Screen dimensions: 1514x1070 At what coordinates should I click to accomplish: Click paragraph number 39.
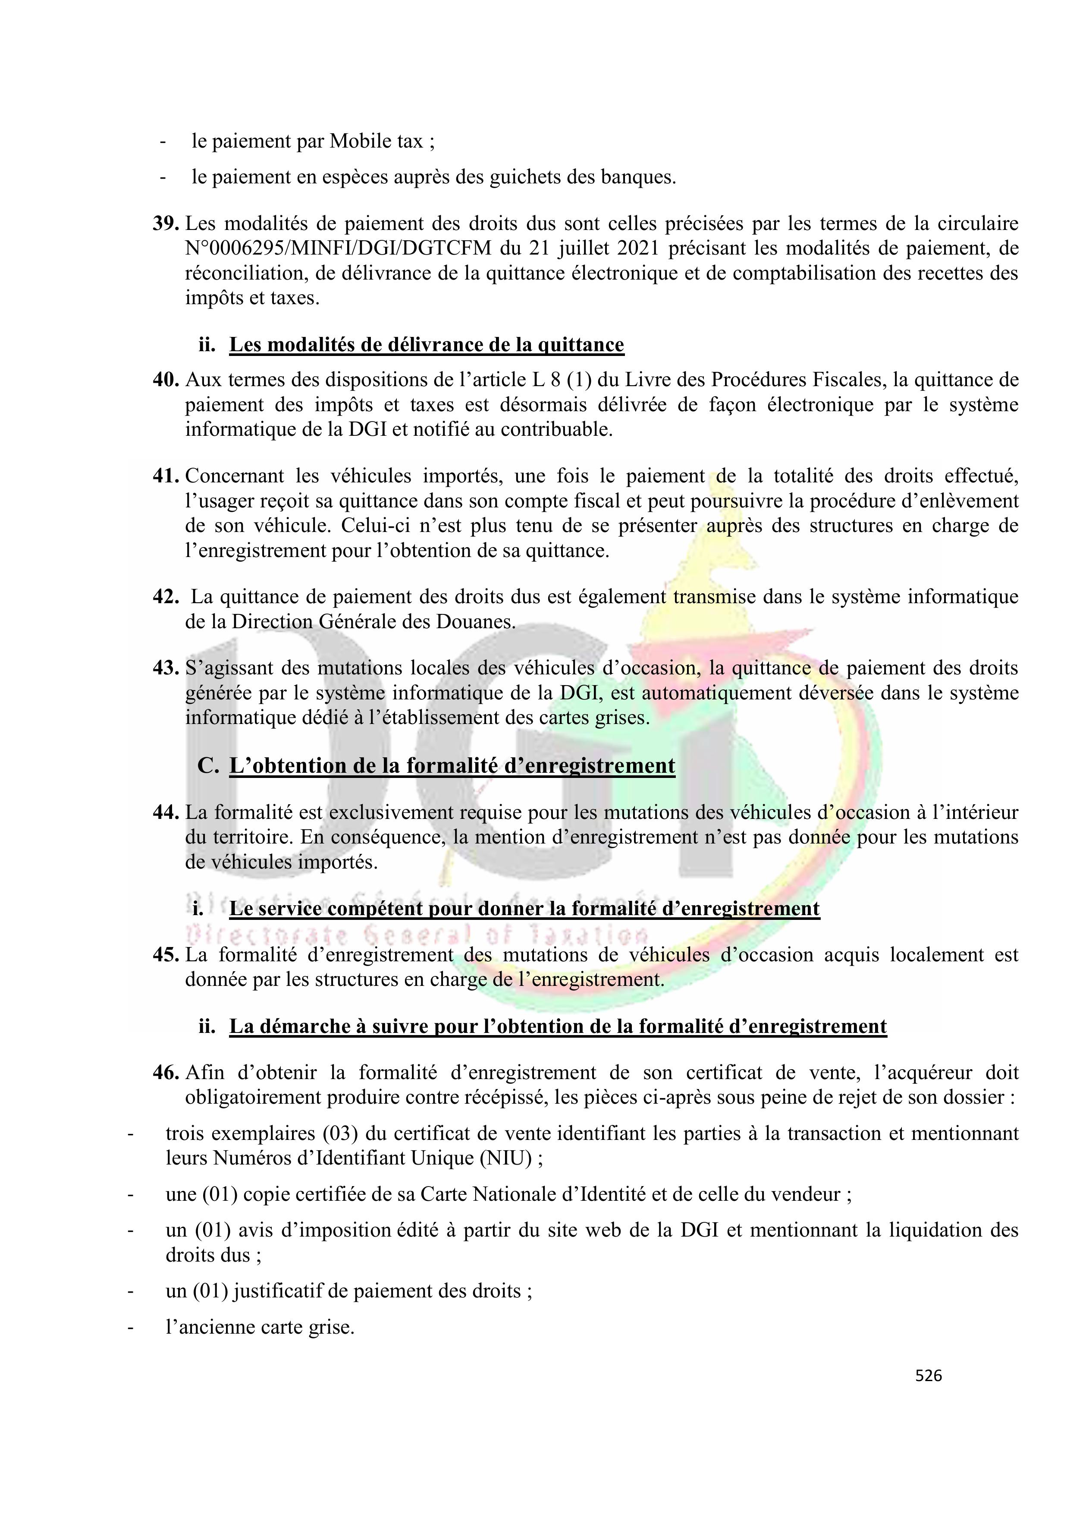[166, 223]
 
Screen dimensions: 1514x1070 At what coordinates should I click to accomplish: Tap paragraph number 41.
[166, 475]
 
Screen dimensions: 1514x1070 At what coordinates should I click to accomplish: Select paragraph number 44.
[166, 812]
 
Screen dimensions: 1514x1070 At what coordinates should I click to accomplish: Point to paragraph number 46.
[166, 1073]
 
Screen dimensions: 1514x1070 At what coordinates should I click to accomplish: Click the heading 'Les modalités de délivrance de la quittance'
[426, 345]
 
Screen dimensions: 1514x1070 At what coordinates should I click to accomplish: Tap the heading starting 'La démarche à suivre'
[558, 1027]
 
